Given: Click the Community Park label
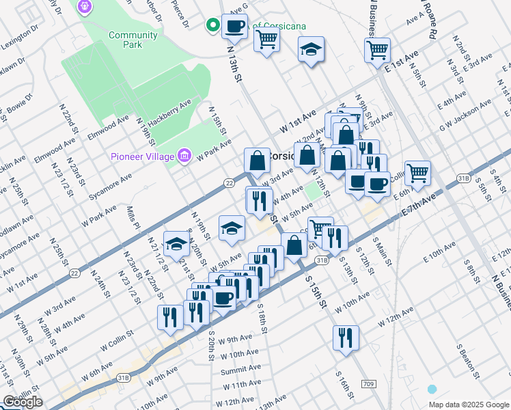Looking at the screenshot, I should (125, 40).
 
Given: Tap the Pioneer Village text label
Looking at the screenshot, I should (142, 158).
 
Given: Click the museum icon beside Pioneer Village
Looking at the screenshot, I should (184, 157).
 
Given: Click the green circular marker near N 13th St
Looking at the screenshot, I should (213, 26).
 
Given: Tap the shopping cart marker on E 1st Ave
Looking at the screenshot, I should (377, 51).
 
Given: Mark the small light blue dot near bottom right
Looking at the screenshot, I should (432, 389).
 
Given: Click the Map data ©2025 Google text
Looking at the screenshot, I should (469, 404).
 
